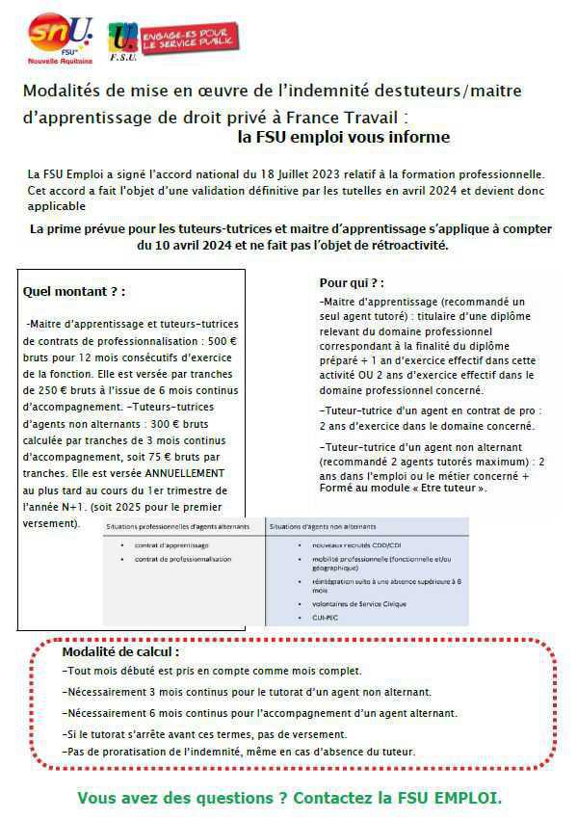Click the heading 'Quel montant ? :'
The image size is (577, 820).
(x=73, y=291)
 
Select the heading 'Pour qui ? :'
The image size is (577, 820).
(x=352, y=283)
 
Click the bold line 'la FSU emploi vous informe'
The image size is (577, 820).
(x=343, y=137)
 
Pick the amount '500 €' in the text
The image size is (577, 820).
(x=222, y=340)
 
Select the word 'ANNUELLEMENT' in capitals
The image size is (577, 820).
(x=179, y=473)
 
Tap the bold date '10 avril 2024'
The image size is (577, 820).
(x=184, y=246)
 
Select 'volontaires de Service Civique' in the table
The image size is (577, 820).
(x=353, y=603)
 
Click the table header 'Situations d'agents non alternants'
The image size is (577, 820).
(x=323, y=526)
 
